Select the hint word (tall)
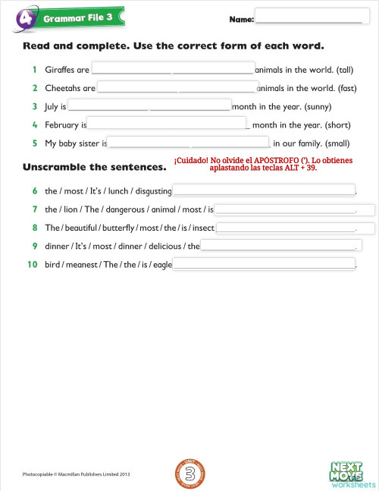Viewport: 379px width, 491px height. [x=341, y=70]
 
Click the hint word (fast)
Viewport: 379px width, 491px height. [x=341, y=88]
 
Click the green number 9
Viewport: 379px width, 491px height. [x=35, y=246]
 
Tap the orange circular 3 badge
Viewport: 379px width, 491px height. [x=191, y=471]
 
